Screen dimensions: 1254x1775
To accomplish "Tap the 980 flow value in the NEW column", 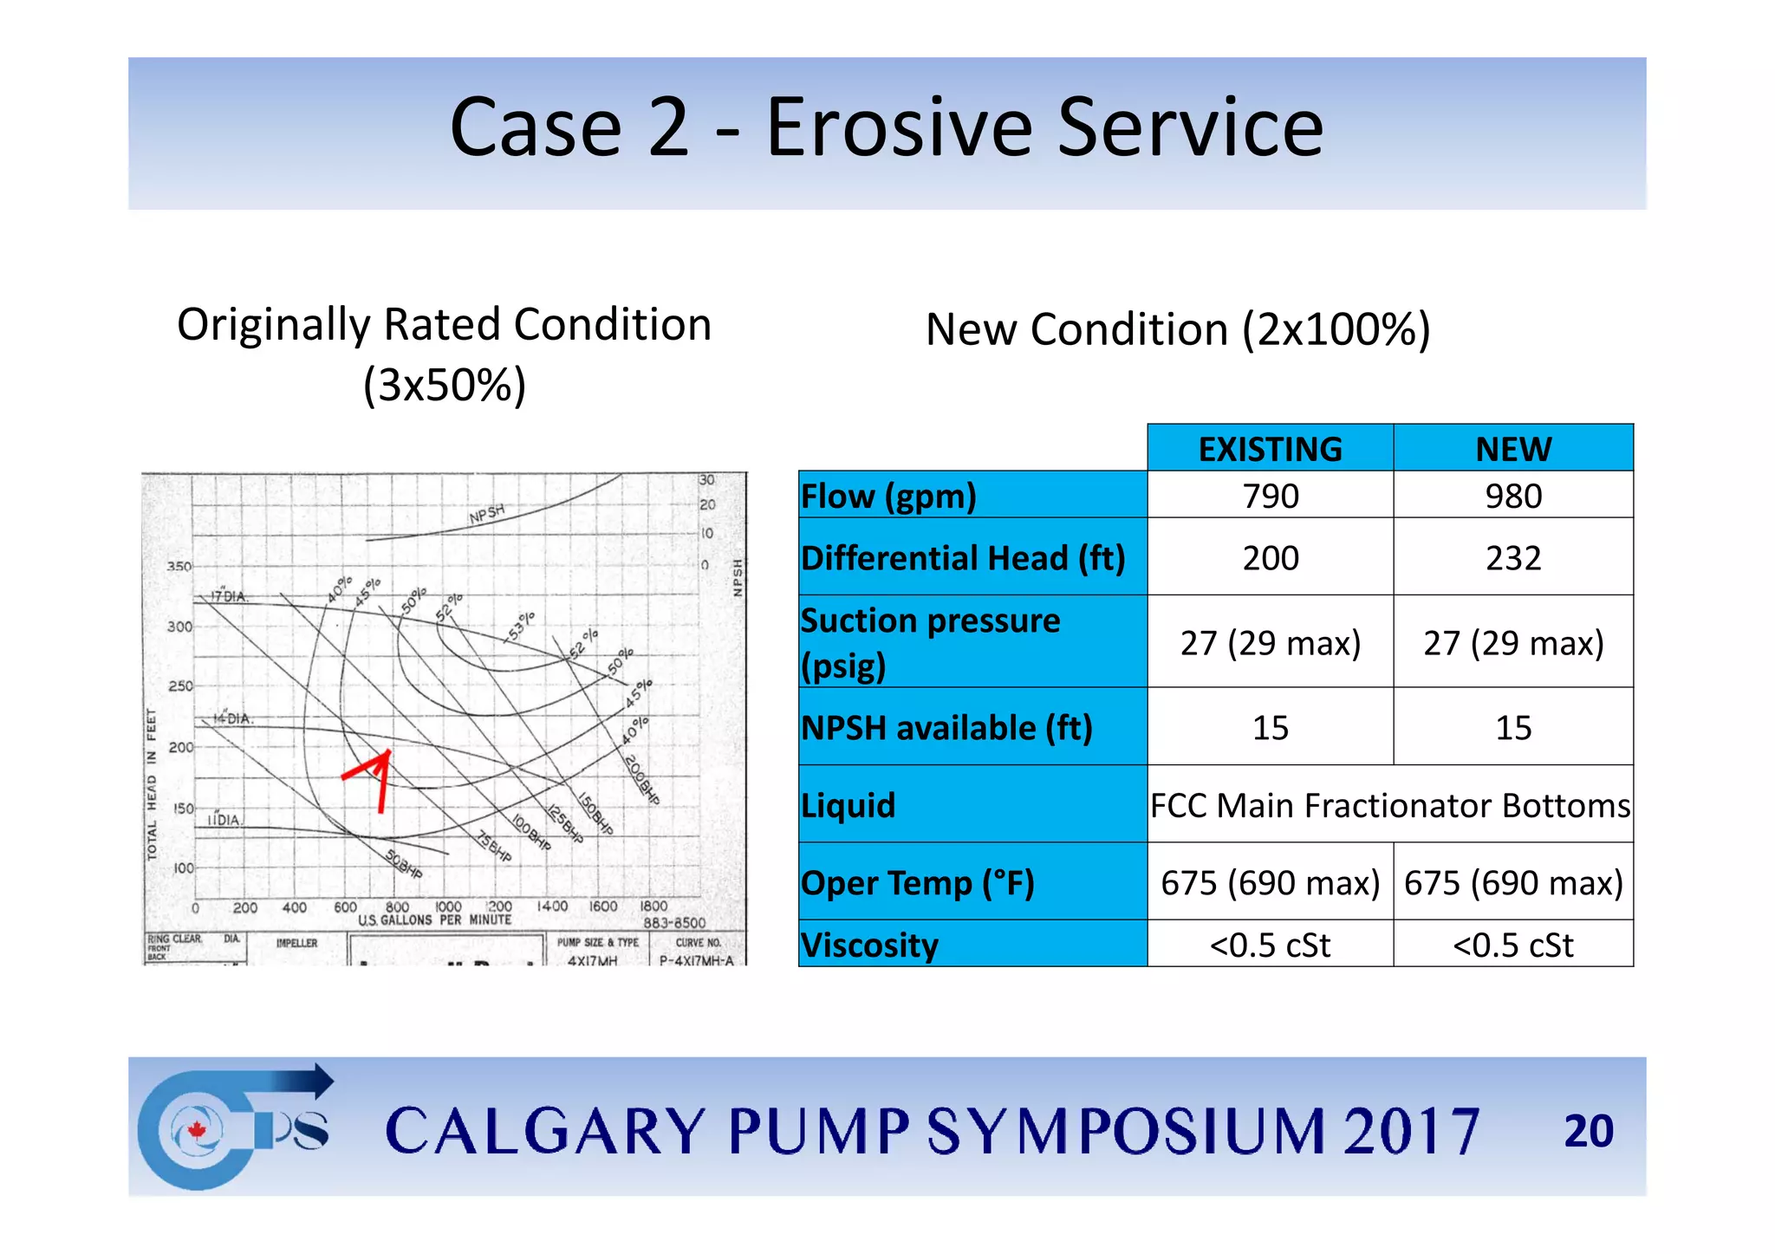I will click(x=1513, y=497).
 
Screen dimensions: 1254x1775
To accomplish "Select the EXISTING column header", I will click(x=1270, y=449).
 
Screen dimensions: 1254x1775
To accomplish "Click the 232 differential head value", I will click(x=1513, y=558).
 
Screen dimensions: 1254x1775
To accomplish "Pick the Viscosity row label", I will click(x=869, y=945).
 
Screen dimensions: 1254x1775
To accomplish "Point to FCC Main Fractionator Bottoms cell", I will click(x=1389, y=805).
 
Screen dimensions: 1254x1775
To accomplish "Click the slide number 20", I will click(x=1588, y=1131).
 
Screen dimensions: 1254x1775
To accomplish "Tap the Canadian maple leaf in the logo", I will click(x=198, y=1130).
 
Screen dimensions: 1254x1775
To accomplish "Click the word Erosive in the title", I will click(x=901, y=128).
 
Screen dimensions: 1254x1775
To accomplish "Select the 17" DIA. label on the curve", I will click(x=230, y=596).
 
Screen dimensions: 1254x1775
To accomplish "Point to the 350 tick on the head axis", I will click(x=179, y=567).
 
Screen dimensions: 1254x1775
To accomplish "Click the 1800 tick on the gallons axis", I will click(x=653, y=906).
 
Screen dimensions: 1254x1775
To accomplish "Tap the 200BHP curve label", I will click(x=642, y=779).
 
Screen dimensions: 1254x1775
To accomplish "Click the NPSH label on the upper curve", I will click(x=486, y=514).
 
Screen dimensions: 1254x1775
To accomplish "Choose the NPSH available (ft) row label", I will click(x=946, y=728).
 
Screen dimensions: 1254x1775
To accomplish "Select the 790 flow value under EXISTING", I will click(x=1270, y=497).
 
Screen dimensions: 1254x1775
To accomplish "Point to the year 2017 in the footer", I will click(x=1411, y=1131).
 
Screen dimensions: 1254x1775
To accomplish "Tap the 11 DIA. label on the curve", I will click(x=224, y=820).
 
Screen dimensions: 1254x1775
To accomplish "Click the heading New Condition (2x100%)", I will click(x=1177, y=330).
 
